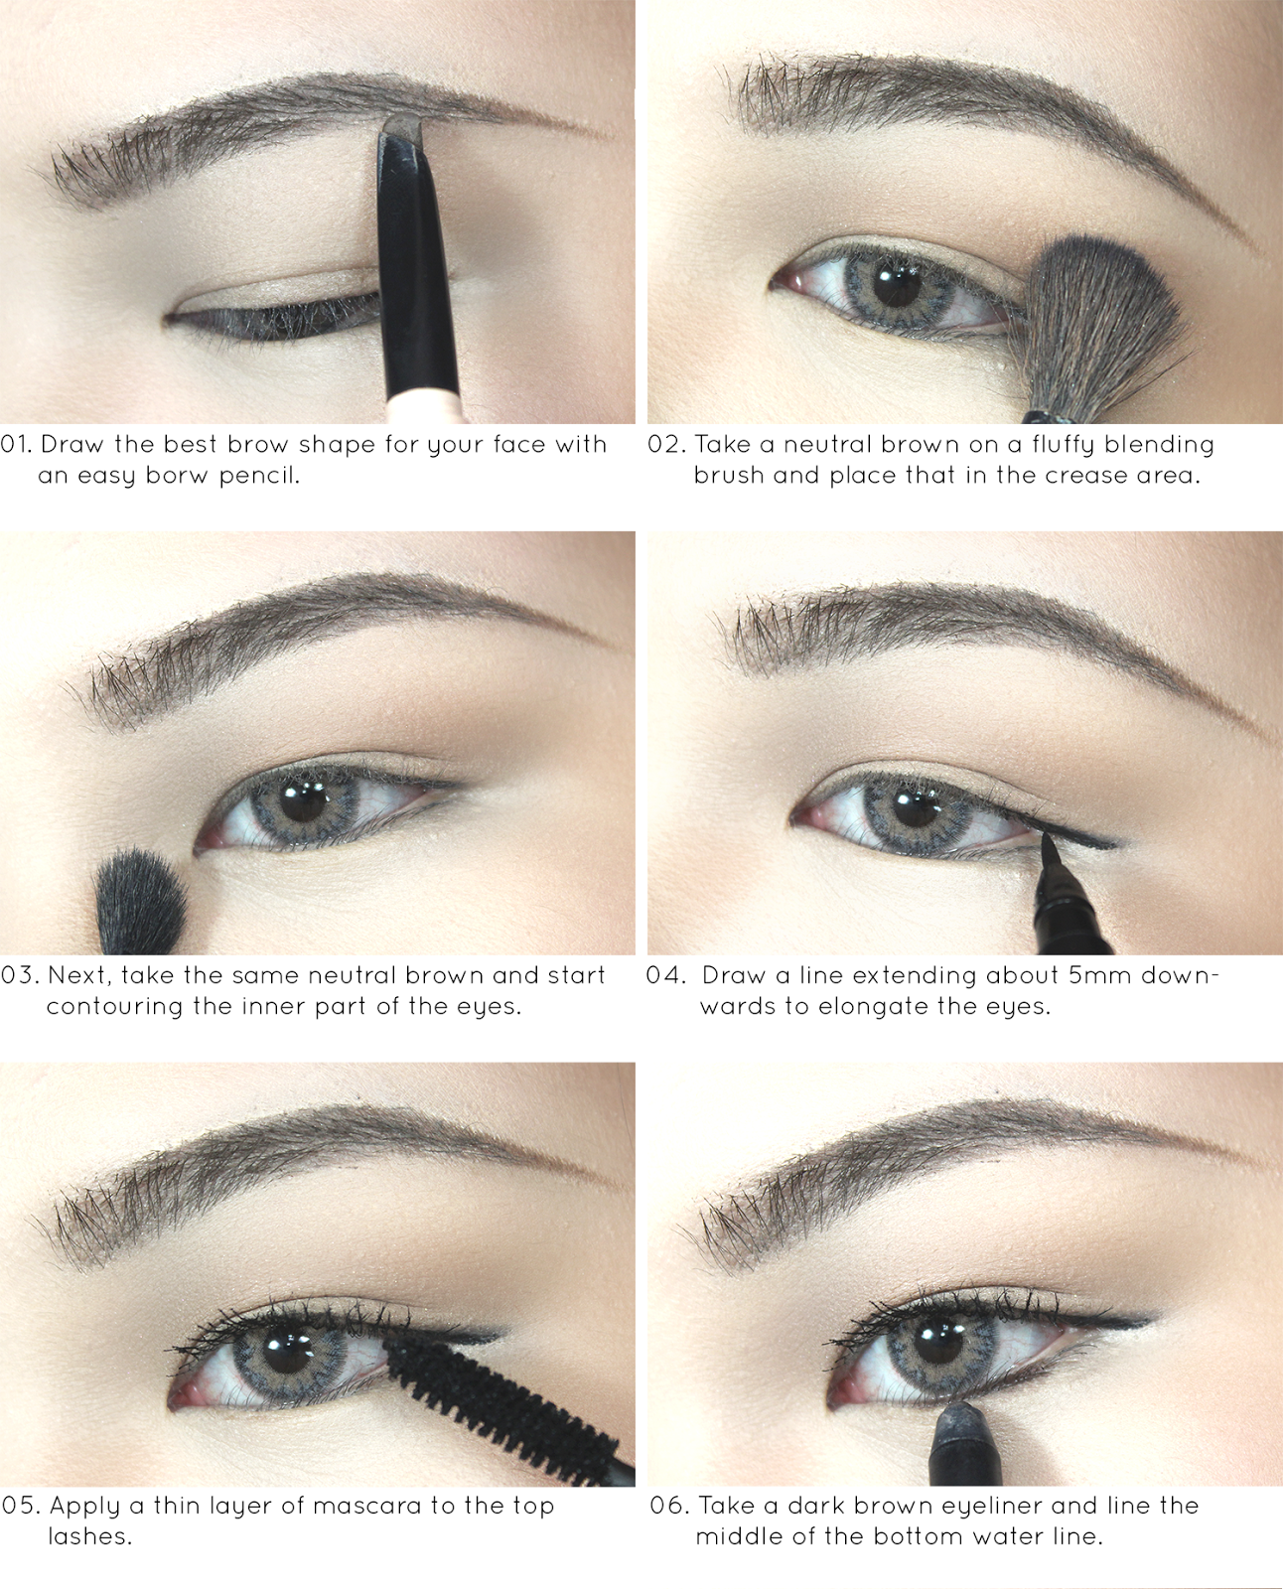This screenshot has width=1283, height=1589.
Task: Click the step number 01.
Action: coord(16,445)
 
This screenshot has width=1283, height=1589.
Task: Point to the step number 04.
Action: coord(665,975)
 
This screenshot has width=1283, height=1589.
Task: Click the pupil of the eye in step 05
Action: coord(288,1353)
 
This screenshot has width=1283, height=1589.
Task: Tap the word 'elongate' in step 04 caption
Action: coord(873,1007)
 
